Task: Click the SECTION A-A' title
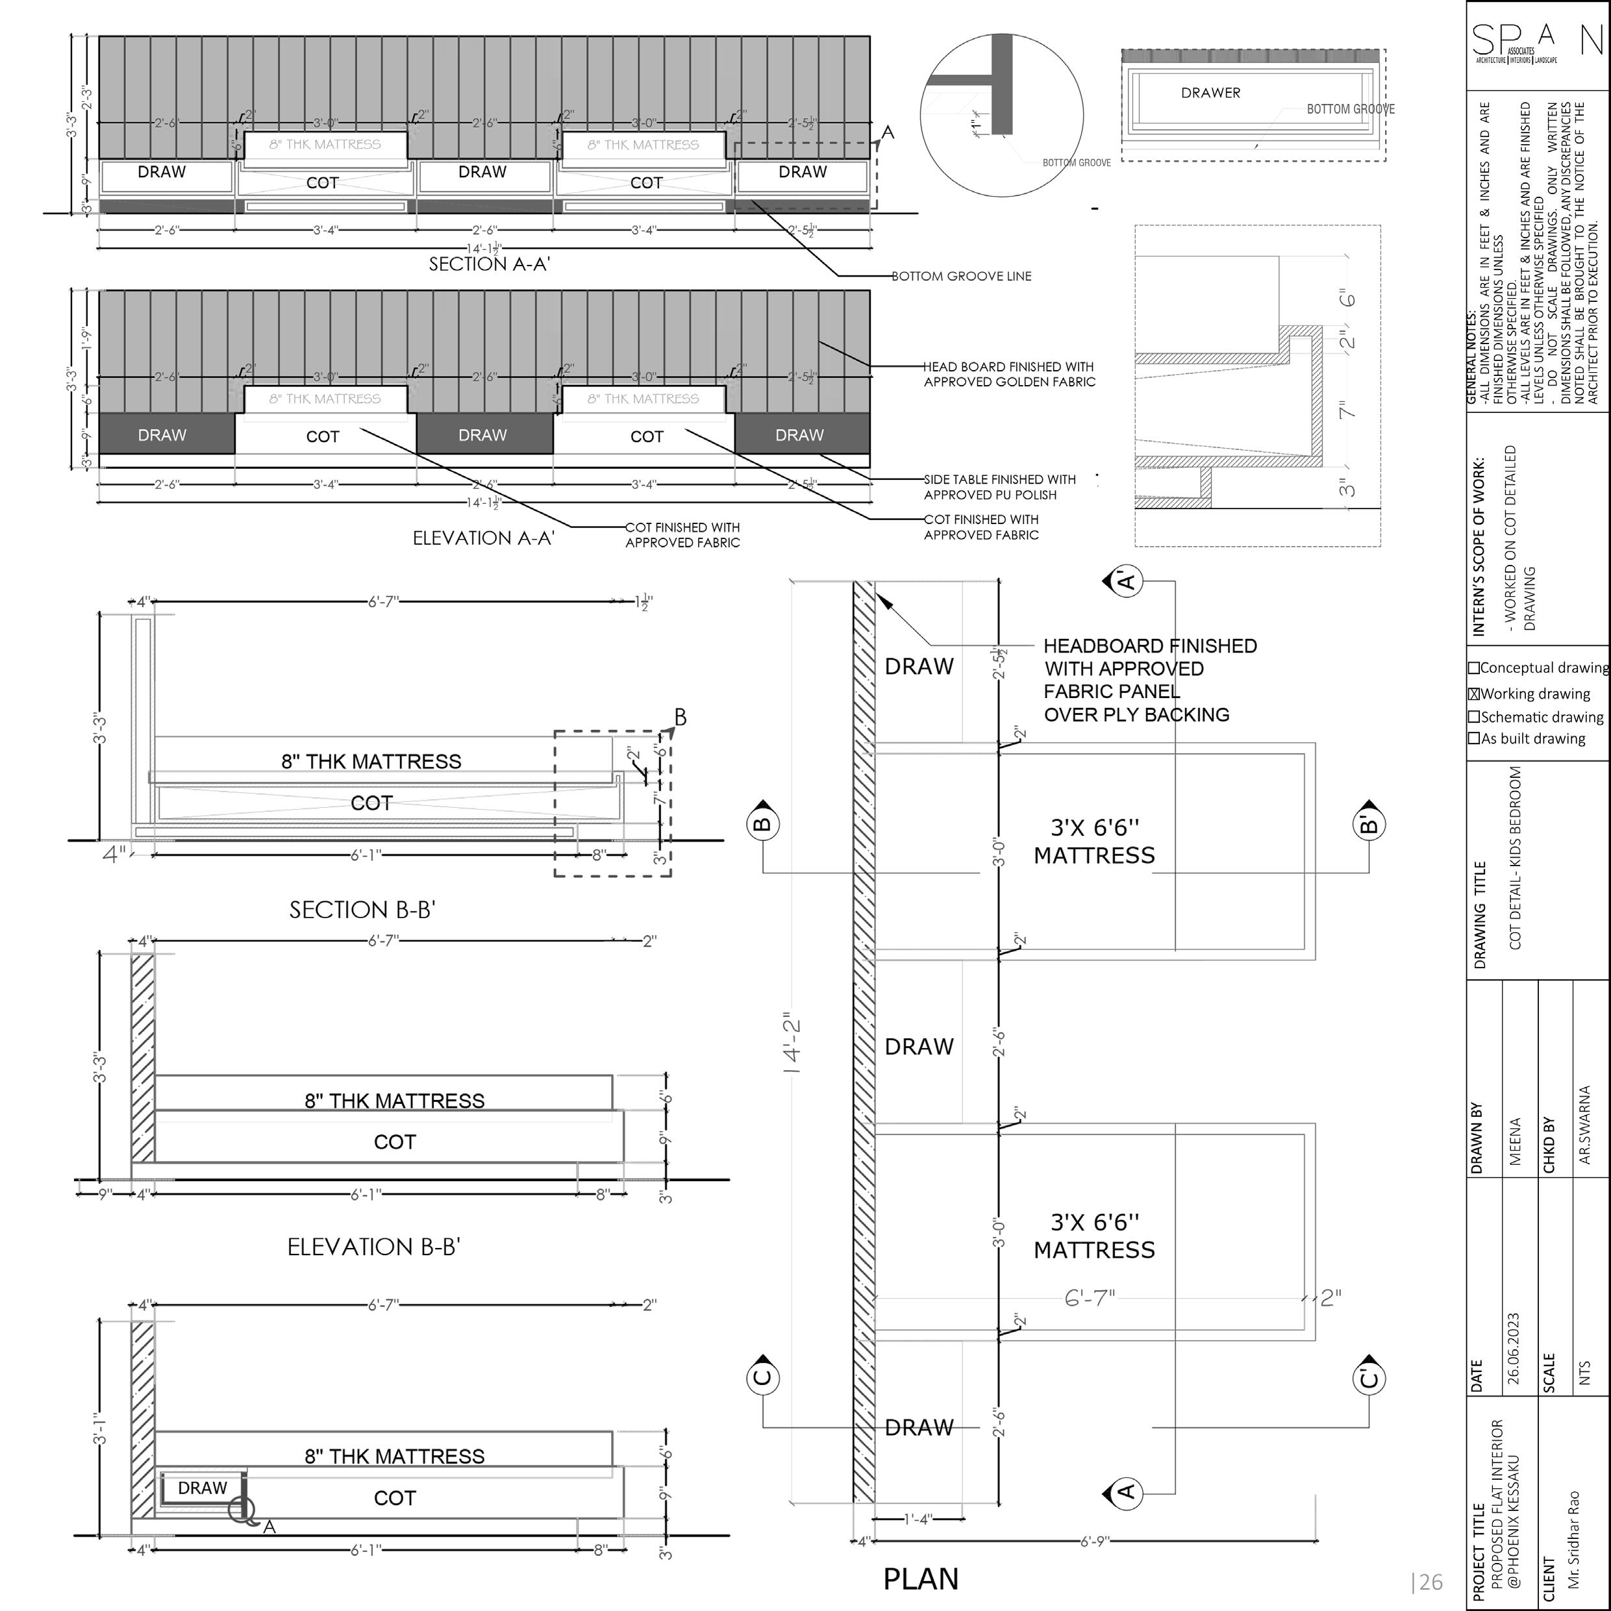[x=490, y=264]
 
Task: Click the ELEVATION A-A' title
[x=484, y=538]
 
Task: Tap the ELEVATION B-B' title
[x=373, y=1247]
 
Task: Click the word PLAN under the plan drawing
[x=921, y=1579]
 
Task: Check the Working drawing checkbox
[x=1474, y=693]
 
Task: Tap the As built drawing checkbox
[x=1474, y=738]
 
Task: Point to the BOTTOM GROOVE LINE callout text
[x=962, y=276]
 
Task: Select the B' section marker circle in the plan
[x=1368, y=825]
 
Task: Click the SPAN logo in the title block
[x=1537, y=44]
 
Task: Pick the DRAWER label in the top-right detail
[x=1211, y=93]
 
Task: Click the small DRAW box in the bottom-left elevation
[x=202, y=1488]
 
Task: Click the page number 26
[x=1427, y=1582]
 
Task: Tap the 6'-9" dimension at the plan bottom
[x=1094, y=1542]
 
